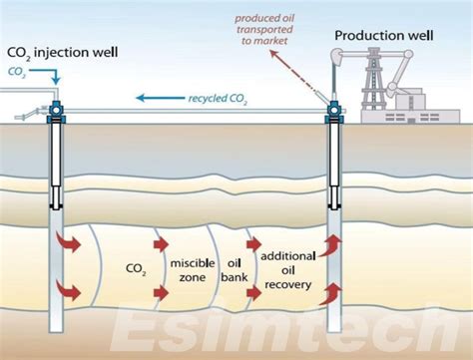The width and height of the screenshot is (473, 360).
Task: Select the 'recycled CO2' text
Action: [x=218, y=98]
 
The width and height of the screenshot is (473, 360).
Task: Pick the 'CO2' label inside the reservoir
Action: [x=136, y=268]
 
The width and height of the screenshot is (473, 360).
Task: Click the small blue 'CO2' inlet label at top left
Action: [x=17, y=72]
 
